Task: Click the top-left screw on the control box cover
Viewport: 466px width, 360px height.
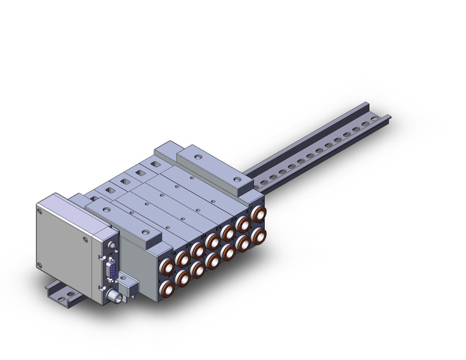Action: pyautogui.click(x=41, y=210)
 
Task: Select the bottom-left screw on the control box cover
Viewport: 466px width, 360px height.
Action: pyautogui.click(x=40, y=265)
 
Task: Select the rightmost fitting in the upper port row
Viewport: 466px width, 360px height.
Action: pyautogui.click(x=259, y=214)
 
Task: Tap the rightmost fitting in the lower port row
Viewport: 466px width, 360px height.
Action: pyautogui.click(x=259, y=235)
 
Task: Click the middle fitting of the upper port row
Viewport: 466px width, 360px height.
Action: pyautogui.click(x=213, y=240)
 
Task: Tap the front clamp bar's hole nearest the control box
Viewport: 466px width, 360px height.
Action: pyautogui.click(x=107, y=210)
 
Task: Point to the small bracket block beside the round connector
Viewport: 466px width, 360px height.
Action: pyautogui.click(x=128, y=288)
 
